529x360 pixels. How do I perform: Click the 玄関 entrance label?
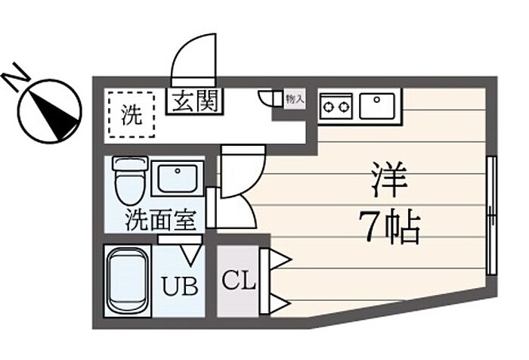click(x=193, y=101)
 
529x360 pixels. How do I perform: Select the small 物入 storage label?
click(x=295, y=98)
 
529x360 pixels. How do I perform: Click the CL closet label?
click(x=239, y=282)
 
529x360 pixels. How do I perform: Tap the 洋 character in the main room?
click(x=389, y=180)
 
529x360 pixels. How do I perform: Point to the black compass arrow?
click(x=54, y=112)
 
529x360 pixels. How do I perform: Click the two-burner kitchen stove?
click(x=336, y=105)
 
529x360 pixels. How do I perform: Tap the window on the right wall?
click(x=492, y=216)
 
